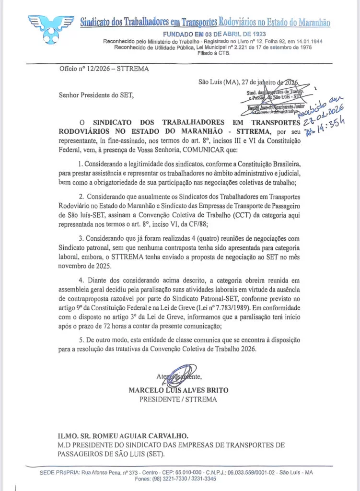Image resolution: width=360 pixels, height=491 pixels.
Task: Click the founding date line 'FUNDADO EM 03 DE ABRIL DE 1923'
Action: [213, 35]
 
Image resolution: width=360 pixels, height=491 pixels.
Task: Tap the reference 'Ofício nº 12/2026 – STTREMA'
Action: [104, 69]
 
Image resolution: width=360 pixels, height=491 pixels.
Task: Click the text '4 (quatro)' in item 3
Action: [203, 238]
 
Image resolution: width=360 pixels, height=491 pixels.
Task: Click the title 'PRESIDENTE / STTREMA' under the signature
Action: [178, 399]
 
